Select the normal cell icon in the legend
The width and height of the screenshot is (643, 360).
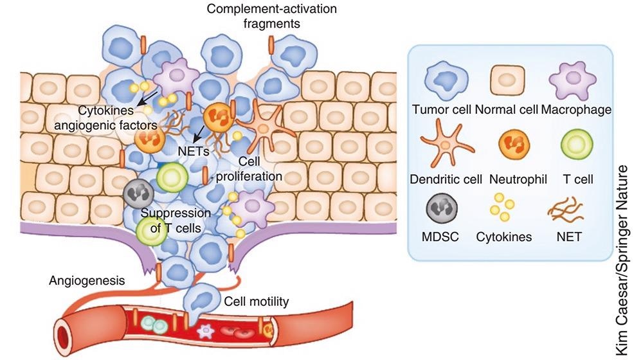point(510,82)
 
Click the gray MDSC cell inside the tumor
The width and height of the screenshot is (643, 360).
point(136,192)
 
